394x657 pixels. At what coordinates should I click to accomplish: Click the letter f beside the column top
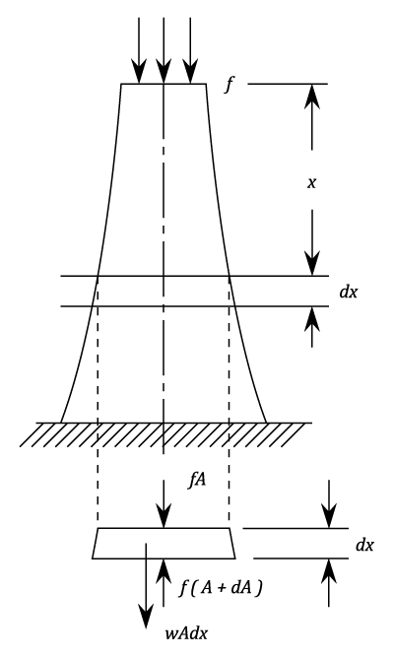229,85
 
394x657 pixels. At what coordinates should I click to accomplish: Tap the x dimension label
311,182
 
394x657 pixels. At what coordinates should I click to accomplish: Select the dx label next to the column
349,292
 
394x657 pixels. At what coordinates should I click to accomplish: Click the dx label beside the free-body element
364,545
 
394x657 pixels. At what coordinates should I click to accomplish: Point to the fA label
197,480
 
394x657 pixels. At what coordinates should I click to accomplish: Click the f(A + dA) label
221,589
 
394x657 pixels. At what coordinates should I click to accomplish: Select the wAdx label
186,633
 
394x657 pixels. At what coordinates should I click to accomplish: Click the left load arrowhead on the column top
139,72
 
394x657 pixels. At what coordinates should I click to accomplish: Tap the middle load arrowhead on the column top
164,72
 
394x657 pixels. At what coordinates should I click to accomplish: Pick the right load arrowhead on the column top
191,72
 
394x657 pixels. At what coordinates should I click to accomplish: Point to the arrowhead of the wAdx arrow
146,616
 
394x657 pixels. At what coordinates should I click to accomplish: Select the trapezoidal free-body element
164,543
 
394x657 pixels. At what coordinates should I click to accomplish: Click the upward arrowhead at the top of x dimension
312,97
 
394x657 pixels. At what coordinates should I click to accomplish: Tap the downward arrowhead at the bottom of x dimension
312,263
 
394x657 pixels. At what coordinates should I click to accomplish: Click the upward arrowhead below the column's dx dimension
312,319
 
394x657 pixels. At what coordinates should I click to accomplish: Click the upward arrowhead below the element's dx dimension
329,570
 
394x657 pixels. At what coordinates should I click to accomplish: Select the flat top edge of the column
164,85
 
